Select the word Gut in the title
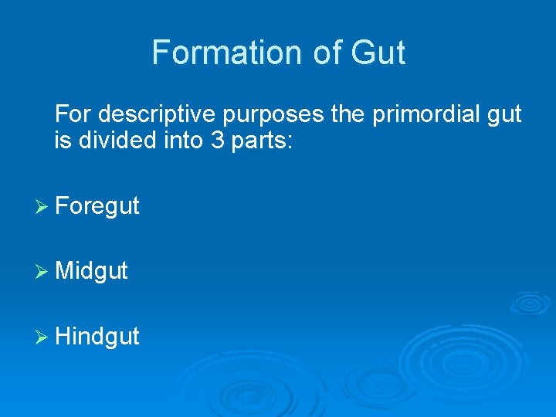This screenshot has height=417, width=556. (x=378, y=53)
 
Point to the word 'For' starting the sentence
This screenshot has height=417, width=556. (x=73, y=115)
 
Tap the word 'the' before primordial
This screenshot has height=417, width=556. (x=349, y=115)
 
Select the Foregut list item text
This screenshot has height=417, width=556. (x=97, y=206)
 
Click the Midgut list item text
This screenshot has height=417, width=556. (x=92, y=271)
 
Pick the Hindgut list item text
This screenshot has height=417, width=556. (x=97, y=336)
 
